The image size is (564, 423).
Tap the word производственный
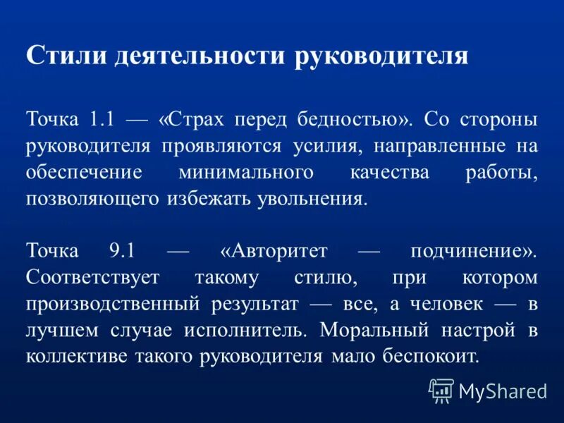pyautogui.click(x=114, y=304)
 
